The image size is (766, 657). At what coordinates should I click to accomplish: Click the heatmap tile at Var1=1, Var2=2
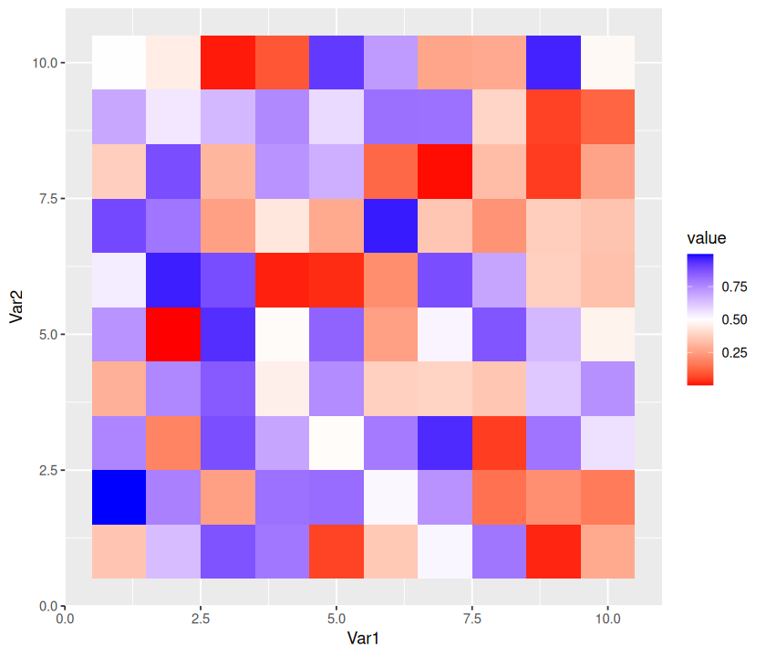(x=119, y=497)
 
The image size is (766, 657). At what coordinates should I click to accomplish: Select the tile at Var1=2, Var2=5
(x=173, y=334)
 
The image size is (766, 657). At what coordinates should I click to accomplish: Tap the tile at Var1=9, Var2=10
(x=554, y=62)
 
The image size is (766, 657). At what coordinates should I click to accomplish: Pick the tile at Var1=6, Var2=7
(x=390, y=225)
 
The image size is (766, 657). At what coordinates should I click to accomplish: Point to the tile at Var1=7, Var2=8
(x=445, y=171)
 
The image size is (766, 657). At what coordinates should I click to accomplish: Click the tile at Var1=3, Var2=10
(x=228, y=62)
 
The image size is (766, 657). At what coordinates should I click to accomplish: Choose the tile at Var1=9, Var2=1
(x=554, y=551)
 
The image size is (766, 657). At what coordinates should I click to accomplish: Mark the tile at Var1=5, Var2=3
(x=336, y=443)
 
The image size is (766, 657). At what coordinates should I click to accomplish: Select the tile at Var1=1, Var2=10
(x=119, y=62)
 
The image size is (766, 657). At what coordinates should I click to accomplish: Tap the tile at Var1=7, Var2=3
(x=445, y=443)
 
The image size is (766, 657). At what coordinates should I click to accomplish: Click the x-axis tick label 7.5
(x=472, y=618)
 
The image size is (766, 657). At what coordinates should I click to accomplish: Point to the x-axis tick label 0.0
(x=65, y=618)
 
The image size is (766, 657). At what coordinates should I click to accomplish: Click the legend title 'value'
(x=707, y=239)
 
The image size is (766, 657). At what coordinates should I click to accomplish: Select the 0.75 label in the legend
(x=734, y=287)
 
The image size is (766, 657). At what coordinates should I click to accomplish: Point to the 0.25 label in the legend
(x=734, y=352)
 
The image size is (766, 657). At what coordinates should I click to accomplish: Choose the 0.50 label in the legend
(x=734, y=319)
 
